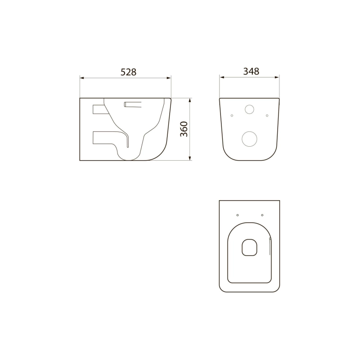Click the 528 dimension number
(128, 72)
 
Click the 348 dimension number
(251, 72)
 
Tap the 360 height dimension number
(184, 129)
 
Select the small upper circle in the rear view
(249, 109)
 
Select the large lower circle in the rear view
(249, 139)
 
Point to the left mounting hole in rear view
(232, 116)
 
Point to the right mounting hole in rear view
(267, 116)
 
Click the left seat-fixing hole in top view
(238, 215)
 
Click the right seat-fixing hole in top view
(262, 215)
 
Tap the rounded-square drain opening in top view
(249, 247)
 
